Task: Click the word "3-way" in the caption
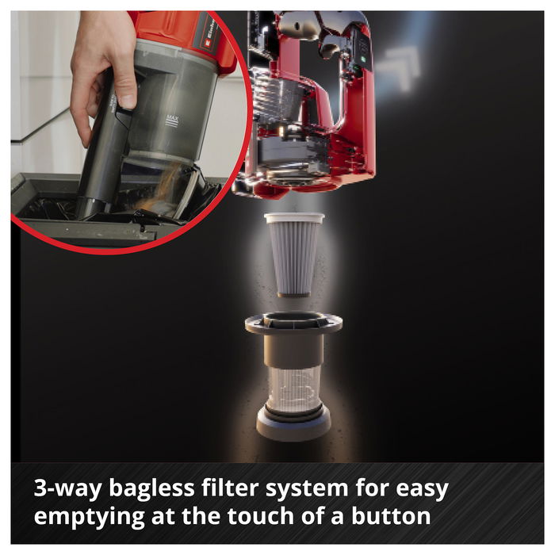(x=67, y=488)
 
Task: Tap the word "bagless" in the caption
(x=151, y=488)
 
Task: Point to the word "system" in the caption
(x=307, y=489)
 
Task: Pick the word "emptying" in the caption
(x=89, y=517)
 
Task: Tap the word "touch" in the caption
(x=261, y=515)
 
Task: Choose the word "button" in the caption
(x=391, y=515)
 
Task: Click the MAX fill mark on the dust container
(x=172, y=120)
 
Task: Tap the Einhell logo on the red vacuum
(x=209, y=32)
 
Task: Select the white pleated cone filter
(x=294, y=255)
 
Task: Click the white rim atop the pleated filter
(x=294, y=218)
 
